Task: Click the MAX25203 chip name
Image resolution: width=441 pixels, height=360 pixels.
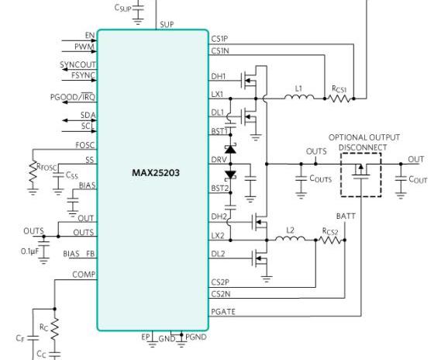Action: click(156, 173)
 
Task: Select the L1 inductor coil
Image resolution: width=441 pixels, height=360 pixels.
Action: click(299, 97)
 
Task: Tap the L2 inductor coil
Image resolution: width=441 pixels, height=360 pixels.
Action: click(290, 238)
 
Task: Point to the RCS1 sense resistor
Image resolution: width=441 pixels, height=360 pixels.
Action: click(339, 99)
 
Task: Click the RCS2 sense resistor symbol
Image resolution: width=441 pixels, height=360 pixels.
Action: click(331, 240)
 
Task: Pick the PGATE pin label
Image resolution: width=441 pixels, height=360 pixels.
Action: click(223, 312)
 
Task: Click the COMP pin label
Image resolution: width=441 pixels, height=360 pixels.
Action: click(84, 275)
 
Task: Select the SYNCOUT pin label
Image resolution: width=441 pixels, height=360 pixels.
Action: click(78, 64)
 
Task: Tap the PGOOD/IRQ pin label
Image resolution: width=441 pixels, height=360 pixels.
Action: click(73, 97)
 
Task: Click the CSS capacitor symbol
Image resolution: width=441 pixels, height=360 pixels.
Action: click(58, 175)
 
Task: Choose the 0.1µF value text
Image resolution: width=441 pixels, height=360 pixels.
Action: click(29, 251)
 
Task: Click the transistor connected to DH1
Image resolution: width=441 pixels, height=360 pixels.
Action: click(250, 81)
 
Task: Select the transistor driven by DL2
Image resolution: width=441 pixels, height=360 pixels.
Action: click(260, 258)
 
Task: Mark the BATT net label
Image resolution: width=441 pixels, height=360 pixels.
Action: click(346, 216)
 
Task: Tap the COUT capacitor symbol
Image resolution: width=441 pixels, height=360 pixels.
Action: click(401, 178)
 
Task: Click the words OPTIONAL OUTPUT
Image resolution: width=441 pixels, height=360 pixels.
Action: click(364, 137)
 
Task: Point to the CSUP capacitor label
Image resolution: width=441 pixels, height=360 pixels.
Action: click(122, 8)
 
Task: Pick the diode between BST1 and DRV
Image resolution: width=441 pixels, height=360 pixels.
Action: click(231, 149)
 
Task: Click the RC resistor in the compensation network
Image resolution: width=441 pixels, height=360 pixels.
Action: click(54, 328)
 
